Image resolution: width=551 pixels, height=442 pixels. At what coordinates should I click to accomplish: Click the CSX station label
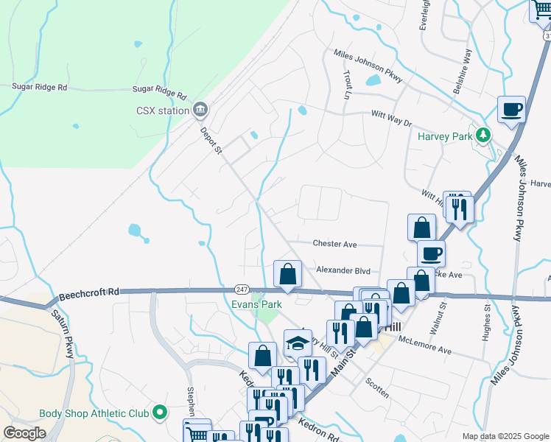click(x=163, y=111)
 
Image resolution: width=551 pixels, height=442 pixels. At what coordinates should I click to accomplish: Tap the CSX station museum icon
click(x=200, y=111)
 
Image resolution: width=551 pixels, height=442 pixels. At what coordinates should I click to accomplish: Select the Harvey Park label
click(x=443, y=136)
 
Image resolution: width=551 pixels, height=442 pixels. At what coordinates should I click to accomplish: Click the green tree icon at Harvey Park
click(x=483, y=135)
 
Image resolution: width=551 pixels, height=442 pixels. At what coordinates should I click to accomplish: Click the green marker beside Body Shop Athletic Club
click(x=159, y=414)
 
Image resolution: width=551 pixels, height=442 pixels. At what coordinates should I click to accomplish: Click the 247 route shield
click(x=242, y=288)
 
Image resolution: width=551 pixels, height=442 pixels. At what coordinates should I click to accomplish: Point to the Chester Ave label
click(x=334, y=244)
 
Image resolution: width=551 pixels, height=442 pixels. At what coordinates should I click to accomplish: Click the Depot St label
click(x=211, y=139)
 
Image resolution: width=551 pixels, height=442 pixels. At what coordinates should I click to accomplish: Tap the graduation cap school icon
click(x=298, y=343)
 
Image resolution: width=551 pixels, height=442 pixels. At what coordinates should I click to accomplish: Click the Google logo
click(x=24, y=434)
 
